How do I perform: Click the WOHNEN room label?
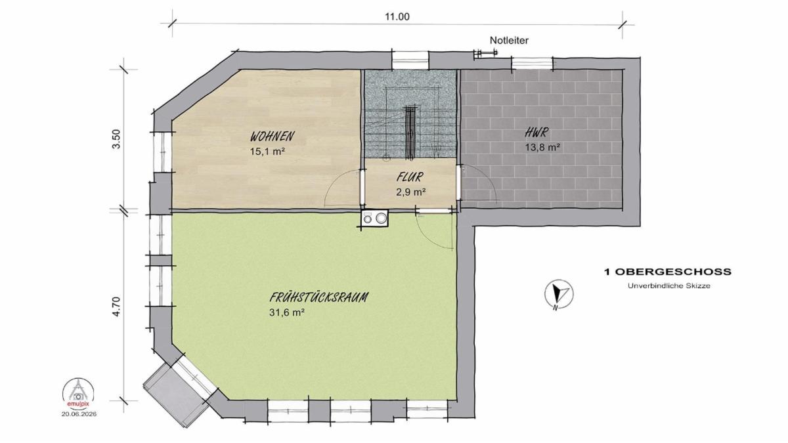tap(273, 136)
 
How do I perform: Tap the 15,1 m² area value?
tap(267, 152)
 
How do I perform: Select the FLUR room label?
tap(410, 177)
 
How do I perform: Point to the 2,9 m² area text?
tap(411, 192)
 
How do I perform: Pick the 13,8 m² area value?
tap(543, 147)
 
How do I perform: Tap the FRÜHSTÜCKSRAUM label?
tap(318, 297)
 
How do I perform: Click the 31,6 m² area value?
tap(287, 312)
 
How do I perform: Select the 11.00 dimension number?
tap(397, 17)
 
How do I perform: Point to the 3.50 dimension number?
tap(116, 139)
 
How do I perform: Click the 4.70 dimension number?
tap(116, 307)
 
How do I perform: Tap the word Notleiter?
tap(509, 41)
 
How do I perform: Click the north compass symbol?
tap(559, 294)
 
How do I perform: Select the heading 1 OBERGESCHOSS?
tap(668, 272)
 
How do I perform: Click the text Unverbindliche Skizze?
tap(668, 286)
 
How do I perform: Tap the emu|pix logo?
tap(78, 392)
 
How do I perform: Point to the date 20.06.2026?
tap(79, 414)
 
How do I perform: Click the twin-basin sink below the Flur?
tap(375, 218)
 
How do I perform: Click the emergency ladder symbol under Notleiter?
tap(486, 53)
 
